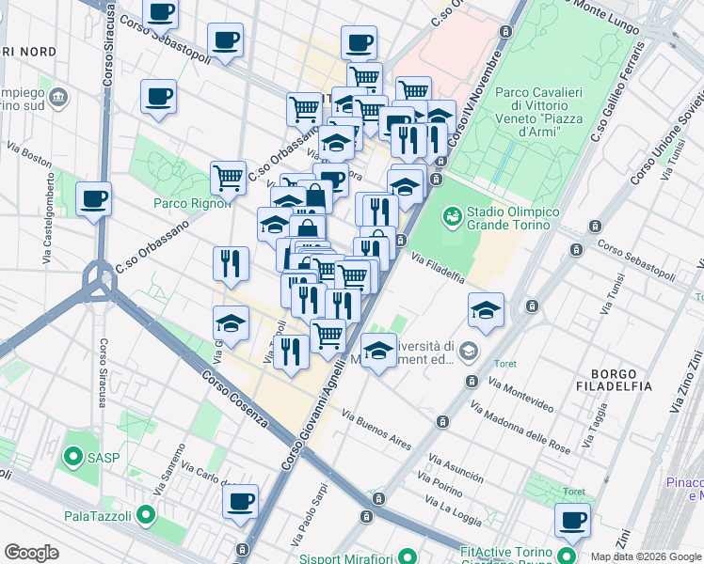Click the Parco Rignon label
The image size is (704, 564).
pos(191,203)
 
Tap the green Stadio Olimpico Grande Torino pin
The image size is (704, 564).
pos(453,217)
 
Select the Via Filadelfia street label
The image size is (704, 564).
pos(438,266)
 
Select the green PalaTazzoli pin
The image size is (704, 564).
pos(145,514)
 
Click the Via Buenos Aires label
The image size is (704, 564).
pos(376,429)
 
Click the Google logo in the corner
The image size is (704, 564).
pos(31,553)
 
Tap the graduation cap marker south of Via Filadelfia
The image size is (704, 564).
pos(486,309)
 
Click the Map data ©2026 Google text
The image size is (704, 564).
pos(647,556)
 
